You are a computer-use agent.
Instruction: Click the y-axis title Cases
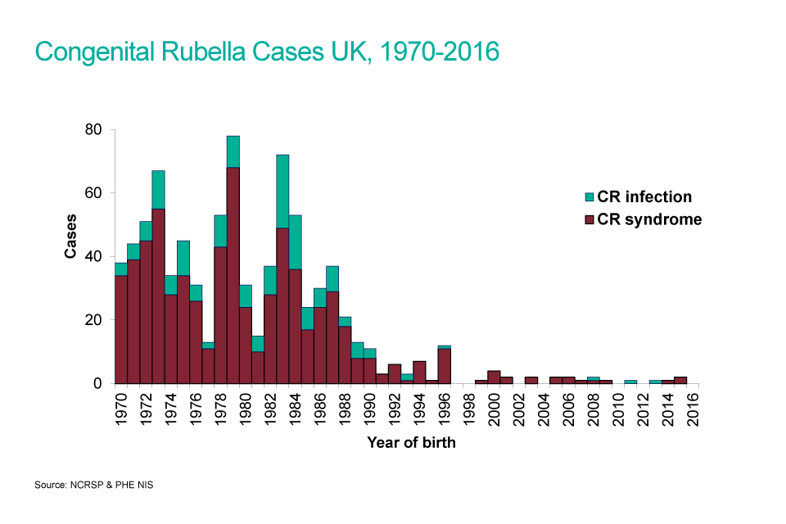(70, 237)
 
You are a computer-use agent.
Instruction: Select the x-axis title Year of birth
(411, 443)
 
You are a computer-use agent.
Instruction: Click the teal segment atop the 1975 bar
(183, 258)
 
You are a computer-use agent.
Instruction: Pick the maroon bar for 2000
(494, 377)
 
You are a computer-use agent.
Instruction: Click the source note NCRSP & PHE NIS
(93, 486)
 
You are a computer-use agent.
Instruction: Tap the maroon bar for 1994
(419, 373)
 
